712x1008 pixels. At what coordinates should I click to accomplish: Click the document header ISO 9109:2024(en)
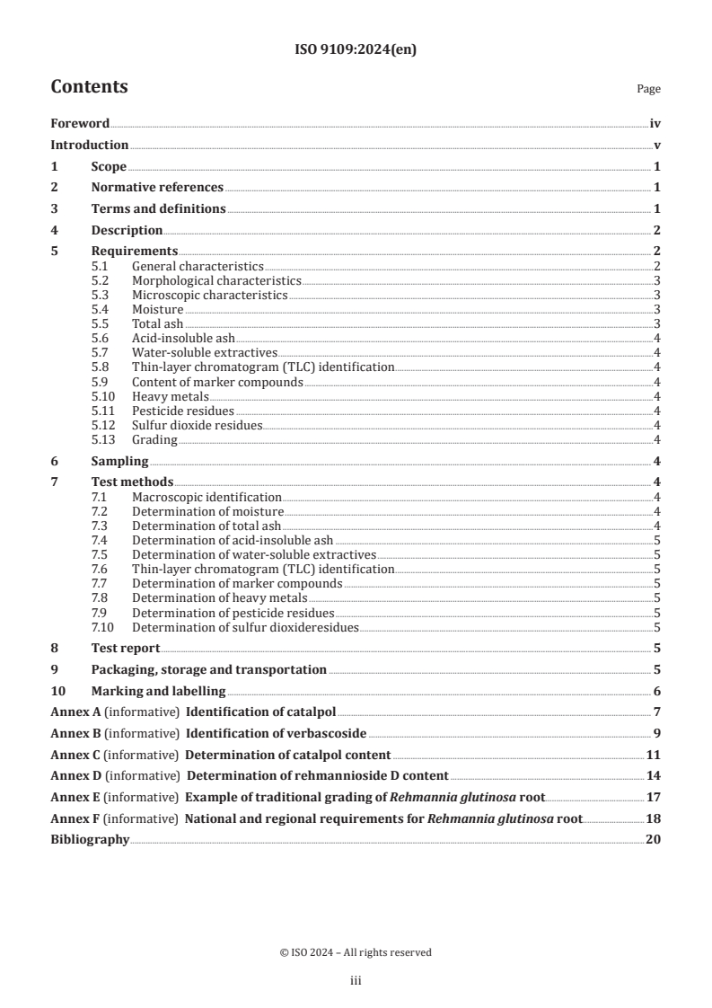(x=356, y=50)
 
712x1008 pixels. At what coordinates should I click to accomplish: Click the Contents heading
(x=89, y=87)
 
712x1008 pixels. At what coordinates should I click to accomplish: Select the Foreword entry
(x=80, y=124)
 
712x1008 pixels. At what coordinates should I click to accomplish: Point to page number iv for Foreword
(x=655, y=124)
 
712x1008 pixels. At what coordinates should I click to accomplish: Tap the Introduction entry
(x=89, y=145)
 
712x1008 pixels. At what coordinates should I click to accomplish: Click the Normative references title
(x=157, y=187)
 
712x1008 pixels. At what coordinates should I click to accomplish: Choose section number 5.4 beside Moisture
(x=101, y=309)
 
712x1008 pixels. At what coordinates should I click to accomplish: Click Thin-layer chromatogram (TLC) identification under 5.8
(x=263, y=367)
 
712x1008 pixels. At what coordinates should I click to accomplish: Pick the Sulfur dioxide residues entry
(x=197, y=425)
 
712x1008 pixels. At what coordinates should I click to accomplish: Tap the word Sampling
(x=119, y=461)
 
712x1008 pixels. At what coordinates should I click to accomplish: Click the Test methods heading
(x=132, y=482)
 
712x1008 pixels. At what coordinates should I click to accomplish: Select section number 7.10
(x=103, y=627)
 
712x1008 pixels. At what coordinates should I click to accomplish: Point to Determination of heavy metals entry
(x=219, y=598)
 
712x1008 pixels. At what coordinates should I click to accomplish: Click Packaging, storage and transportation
(x=208, y=669)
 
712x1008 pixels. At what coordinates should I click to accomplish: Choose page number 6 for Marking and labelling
(x=657, y=691)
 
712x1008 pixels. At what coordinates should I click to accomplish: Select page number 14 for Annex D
(x=653, y=775)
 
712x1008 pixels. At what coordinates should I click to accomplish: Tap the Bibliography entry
(x=90, y=839)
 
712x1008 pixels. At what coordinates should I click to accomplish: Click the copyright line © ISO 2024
(x=356, y=952)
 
